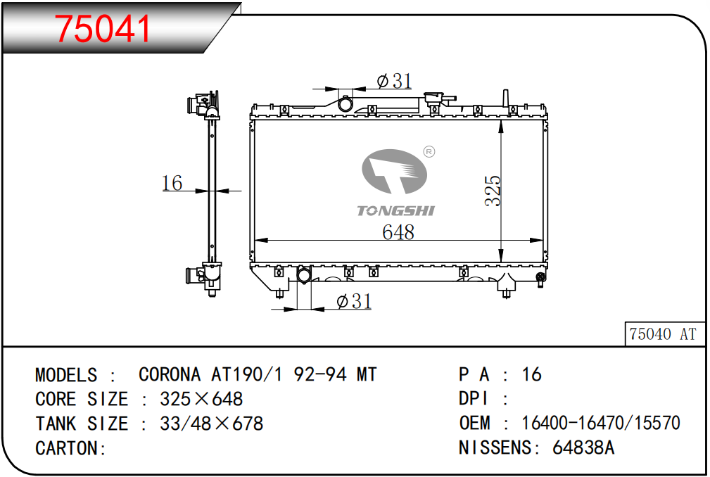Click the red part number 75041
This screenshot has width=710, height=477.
pos(102,29)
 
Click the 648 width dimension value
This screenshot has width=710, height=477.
pos(398,231)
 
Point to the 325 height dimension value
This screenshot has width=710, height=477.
pos(493,191)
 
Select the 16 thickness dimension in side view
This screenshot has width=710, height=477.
pos(172,183)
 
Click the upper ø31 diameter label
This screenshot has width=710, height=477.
pos(394,81)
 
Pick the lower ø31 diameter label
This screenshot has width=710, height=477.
pos(354,301)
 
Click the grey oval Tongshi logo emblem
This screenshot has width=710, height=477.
pos(394,171)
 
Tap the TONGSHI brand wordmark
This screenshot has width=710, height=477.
pos(395,210)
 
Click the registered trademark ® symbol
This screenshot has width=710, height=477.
pos(429,151)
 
